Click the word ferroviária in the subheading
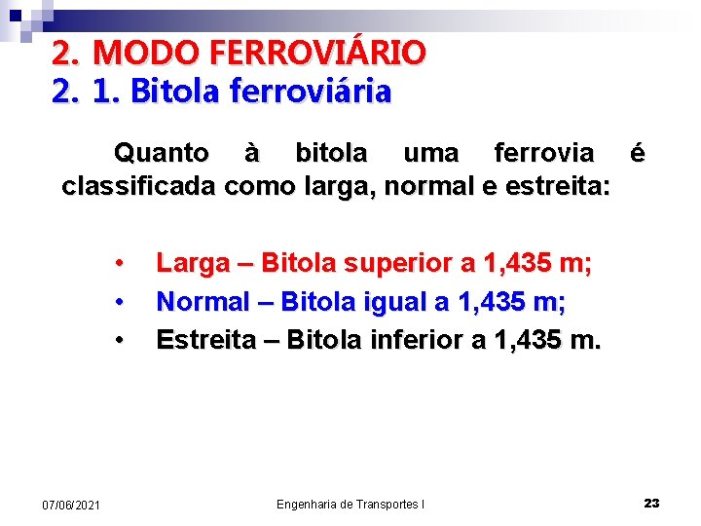[x=311, y=92]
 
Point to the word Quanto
[x=161, y=153]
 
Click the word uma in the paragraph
[x=430, y=153]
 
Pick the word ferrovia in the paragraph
[x=543, y=153]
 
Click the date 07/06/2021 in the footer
[x=70, y=505]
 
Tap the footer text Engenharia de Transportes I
[x=350, y=504]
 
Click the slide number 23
[x=651, y=503]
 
